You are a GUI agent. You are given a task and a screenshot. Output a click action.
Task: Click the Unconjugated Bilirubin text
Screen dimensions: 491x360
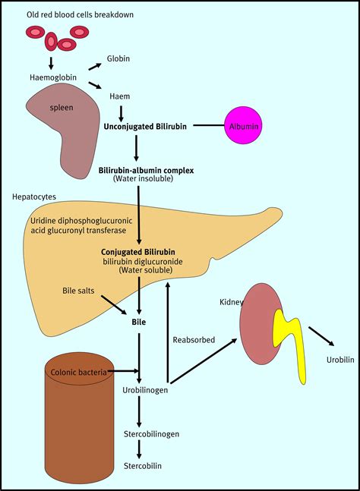[145, 126]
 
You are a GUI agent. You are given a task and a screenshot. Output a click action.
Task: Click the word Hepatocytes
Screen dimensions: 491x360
[35, 197]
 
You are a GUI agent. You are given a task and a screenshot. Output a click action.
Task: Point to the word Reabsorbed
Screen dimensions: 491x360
[193, 339]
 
